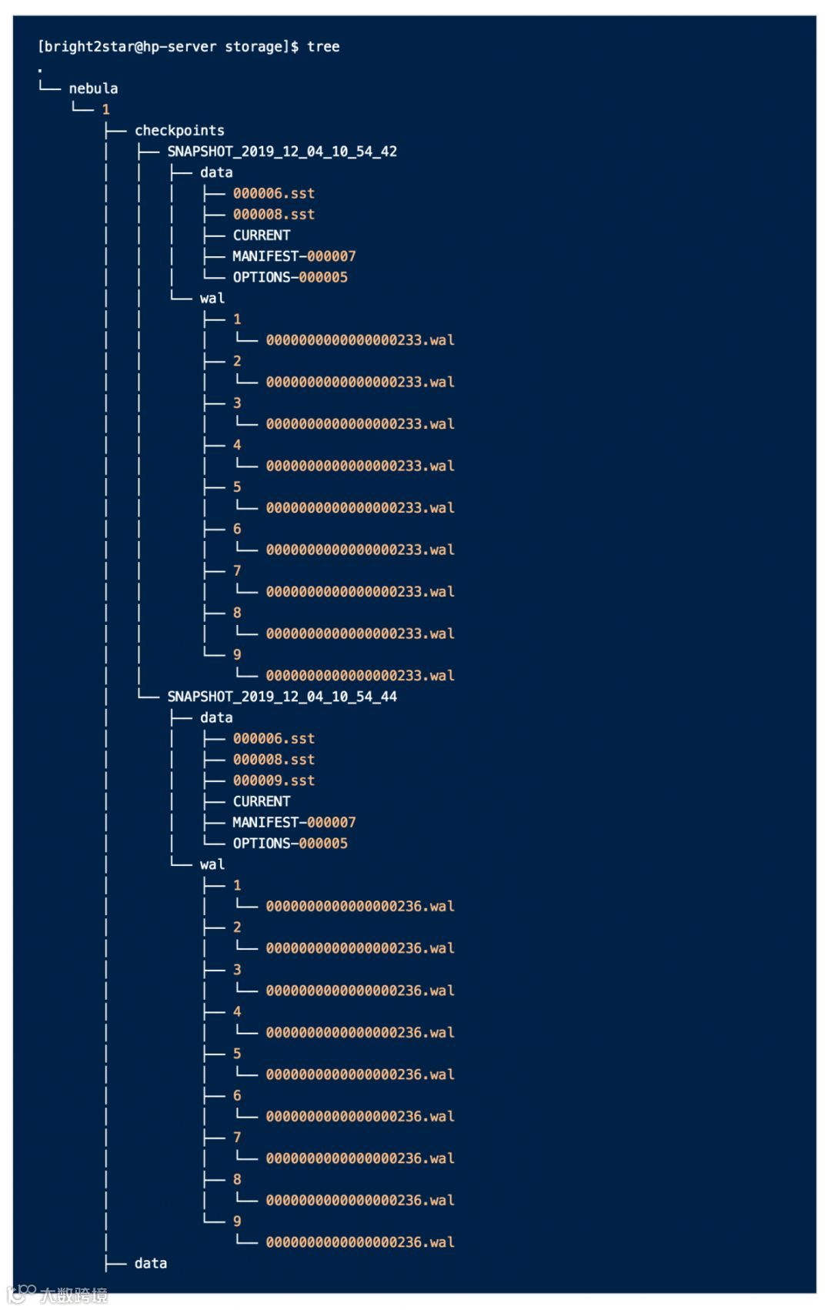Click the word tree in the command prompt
click(x=323, y=47)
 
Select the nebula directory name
click(x=93, y=89)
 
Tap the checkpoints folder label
click(x=179, y=131)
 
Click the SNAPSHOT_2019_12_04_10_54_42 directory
click(x=282, y=152)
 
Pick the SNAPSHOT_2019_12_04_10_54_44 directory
click(x=282, y=697)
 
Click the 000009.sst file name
click(x=273, y=780)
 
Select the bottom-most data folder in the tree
click(x=150, y=1263)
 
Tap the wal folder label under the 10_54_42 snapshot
click(x=212, y=299)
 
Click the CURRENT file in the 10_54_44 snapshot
click(x=261, y=801)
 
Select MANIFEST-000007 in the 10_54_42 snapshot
click(x=293, y=256)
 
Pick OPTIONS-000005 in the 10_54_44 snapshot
click(x=289, y=844)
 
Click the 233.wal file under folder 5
click(x=359, y=508)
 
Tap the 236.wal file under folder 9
click(x=359, y=1242)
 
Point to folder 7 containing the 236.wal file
click(x=237, y=1138)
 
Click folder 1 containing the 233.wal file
click(x=237, y=319)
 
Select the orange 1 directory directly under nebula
click(x=105, y=110)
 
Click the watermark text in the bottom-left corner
click(x=73, y=1295)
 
